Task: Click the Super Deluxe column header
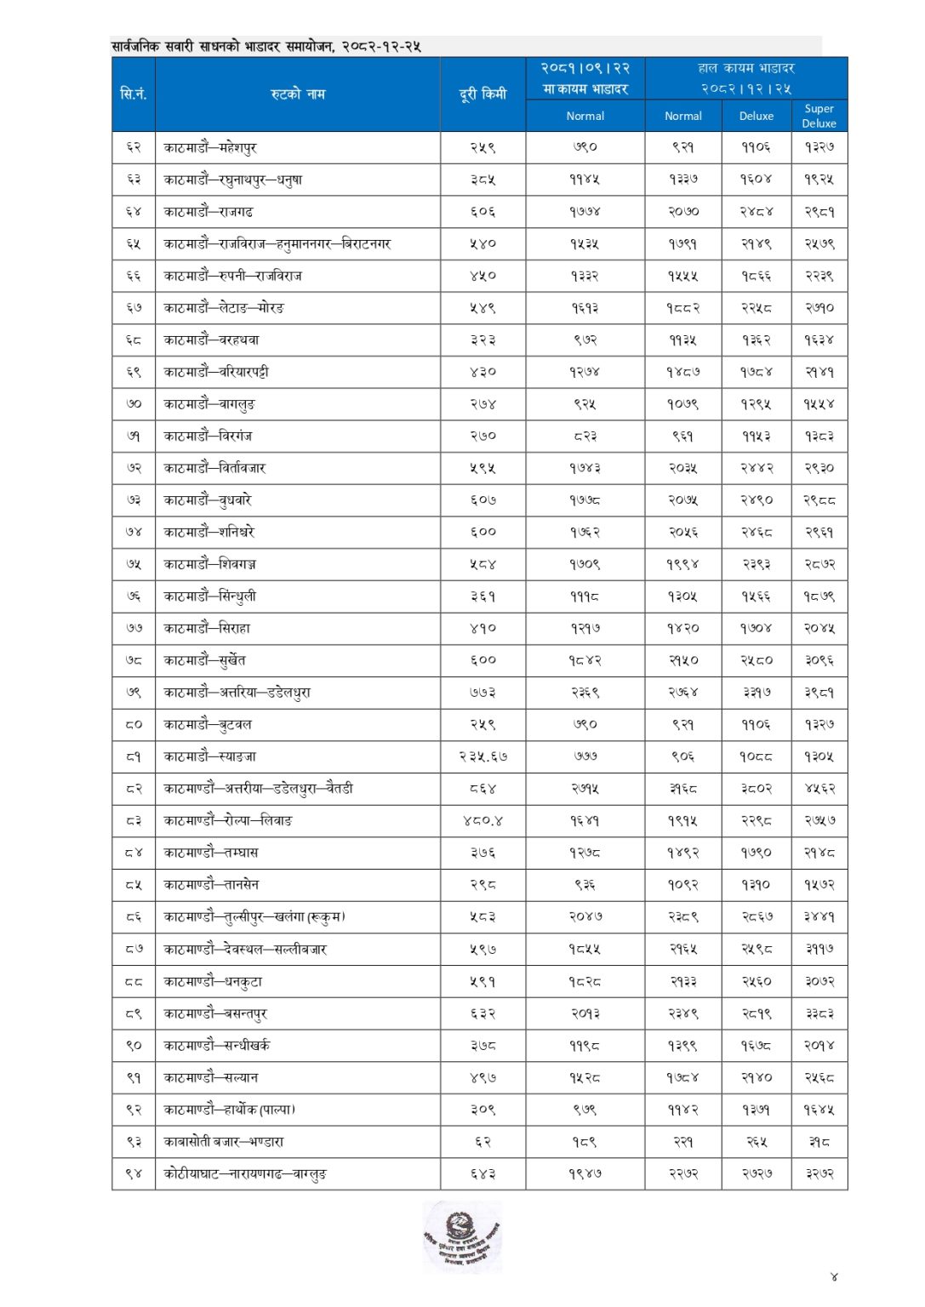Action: pos(819,116)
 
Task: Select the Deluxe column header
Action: pos(756,116)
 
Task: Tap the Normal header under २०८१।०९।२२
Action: pos(585,116)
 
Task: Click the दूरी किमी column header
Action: pos(482,94)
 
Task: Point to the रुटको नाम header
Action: pos(298,94)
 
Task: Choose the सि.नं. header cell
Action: pos(134,94)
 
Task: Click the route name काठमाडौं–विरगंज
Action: pos(208,436)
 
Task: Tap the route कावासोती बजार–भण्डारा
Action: pos(223,1141)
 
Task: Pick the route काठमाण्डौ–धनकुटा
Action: pos(213,981)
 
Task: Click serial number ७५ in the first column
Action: pos(134,563)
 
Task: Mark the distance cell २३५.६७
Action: pos(482,756)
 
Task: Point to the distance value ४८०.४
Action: pos(482,820)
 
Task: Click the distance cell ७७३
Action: pos(482,692)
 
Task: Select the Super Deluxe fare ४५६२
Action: pos(819,788)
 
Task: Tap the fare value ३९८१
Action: pos(819,692)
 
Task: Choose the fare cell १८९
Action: pos(585,1141)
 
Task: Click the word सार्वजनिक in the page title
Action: pos(135,46)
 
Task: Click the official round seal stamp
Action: pos(462,1236)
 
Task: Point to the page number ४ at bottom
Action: pos(833,1276)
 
